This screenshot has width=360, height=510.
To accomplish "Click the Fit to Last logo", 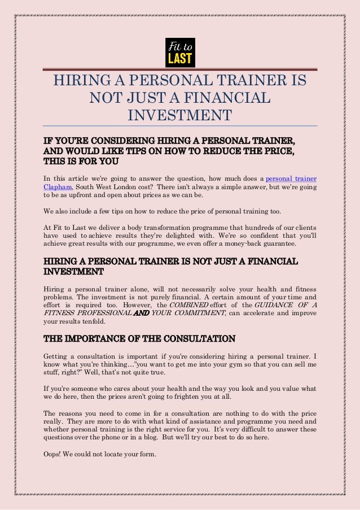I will click(180, 52).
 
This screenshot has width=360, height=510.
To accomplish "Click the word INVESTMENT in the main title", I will click(180, 115).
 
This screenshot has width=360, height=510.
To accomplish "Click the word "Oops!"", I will click(54, 456).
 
